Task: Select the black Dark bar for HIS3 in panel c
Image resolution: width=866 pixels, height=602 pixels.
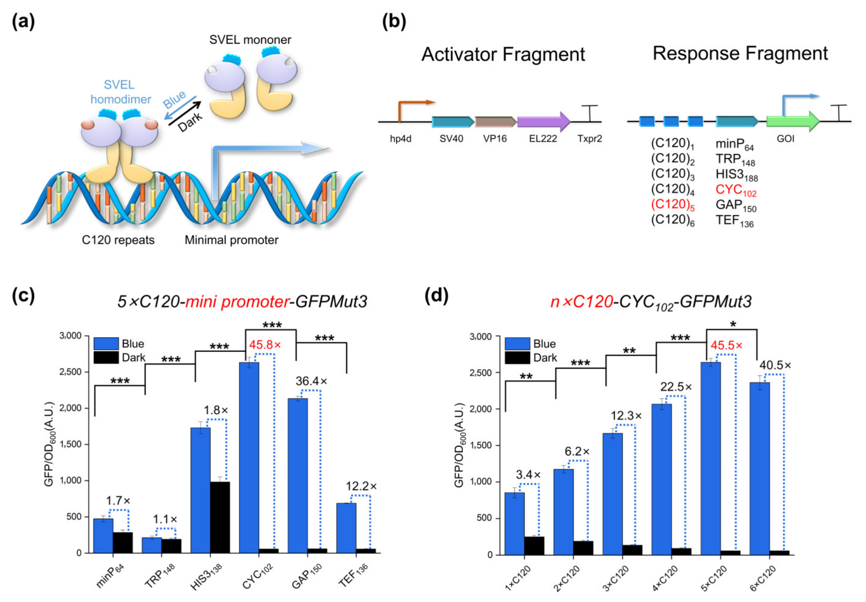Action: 220,517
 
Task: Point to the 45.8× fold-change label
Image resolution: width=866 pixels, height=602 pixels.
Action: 265,345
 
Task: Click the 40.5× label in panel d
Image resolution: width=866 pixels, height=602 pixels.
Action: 775,365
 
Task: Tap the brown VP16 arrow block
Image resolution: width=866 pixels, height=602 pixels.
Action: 495,121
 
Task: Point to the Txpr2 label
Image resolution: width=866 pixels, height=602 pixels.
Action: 589,139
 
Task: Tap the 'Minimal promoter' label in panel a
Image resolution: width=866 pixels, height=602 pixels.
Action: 231,240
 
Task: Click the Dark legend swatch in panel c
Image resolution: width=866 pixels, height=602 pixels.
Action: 106,357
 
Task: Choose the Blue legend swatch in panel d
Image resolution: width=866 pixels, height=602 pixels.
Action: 517,343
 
